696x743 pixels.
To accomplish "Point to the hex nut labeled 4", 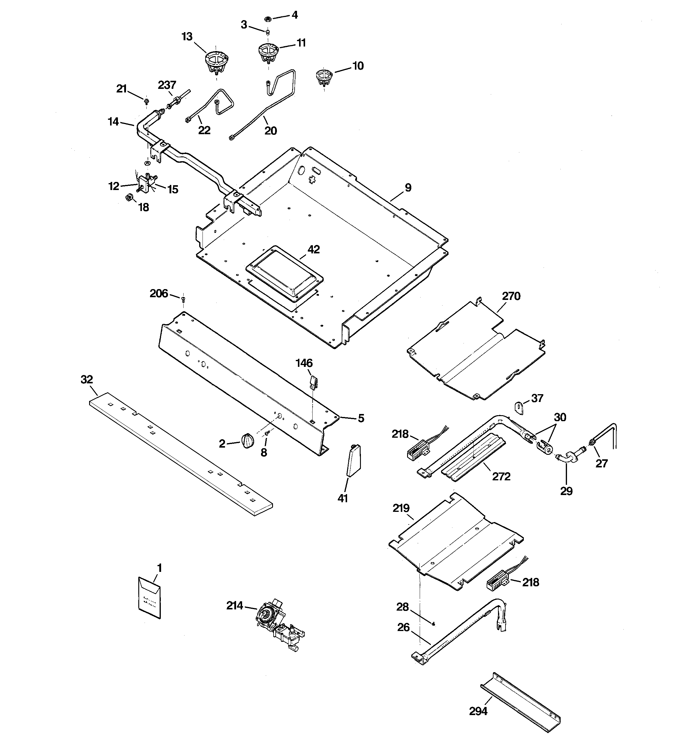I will [268, 18].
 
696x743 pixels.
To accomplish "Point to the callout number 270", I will [511, 296].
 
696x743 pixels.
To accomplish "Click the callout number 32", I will [87, 379].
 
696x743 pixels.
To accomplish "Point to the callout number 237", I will [166, 85].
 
